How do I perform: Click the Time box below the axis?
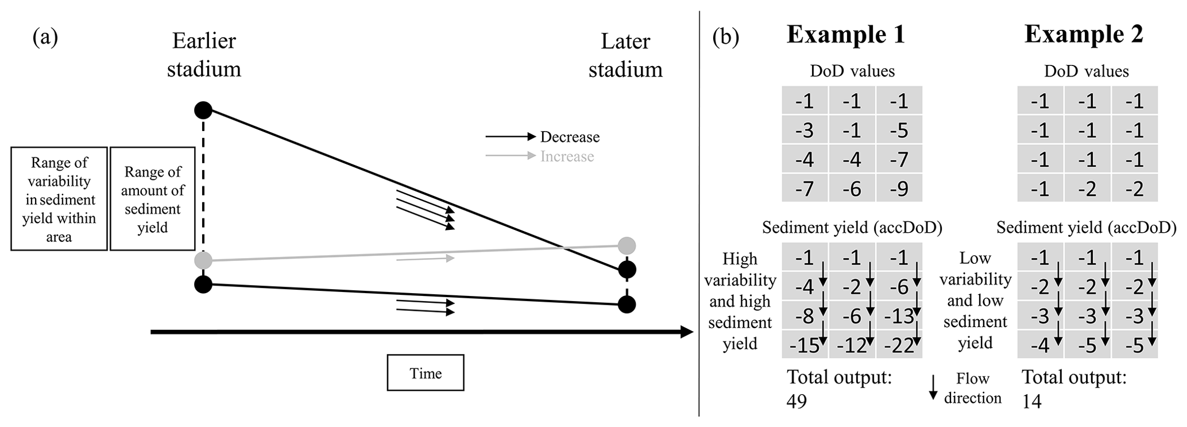click(425, 373)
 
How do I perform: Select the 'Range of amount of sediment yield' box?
click(152, 199)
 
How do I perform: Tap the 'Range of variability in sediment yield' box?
click(59, 199)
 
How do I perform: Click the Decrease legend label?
click(570, 137)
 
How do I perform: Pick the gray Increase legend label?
click(567, 156)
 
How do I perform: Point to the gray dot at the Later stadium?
click(627, 246)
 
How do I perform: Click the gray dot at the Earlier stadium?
click(203, 260)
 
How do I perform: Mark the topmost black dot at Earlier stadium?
click(203, 109)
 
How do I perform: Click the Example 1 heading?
click(845, 34)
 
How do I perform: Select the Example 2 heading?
click(1083, 34)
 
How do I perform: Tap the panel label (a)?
click(45, 37)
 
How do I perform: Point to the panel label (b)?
click(725, 37)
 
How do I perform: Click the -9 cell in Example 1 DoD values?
click(899, 188)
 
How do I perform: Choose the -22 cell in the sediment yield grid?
click(899, 345)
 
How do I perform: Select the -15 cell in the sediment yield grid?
click(805, 345)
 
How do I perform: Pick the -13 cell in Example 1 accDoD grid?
click(899, 316)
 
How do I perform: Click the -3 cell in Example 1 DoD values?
click(805, 130)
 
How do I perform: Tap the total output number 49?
click(797, 401)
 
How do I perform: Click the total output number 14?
click(1031, 401)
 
